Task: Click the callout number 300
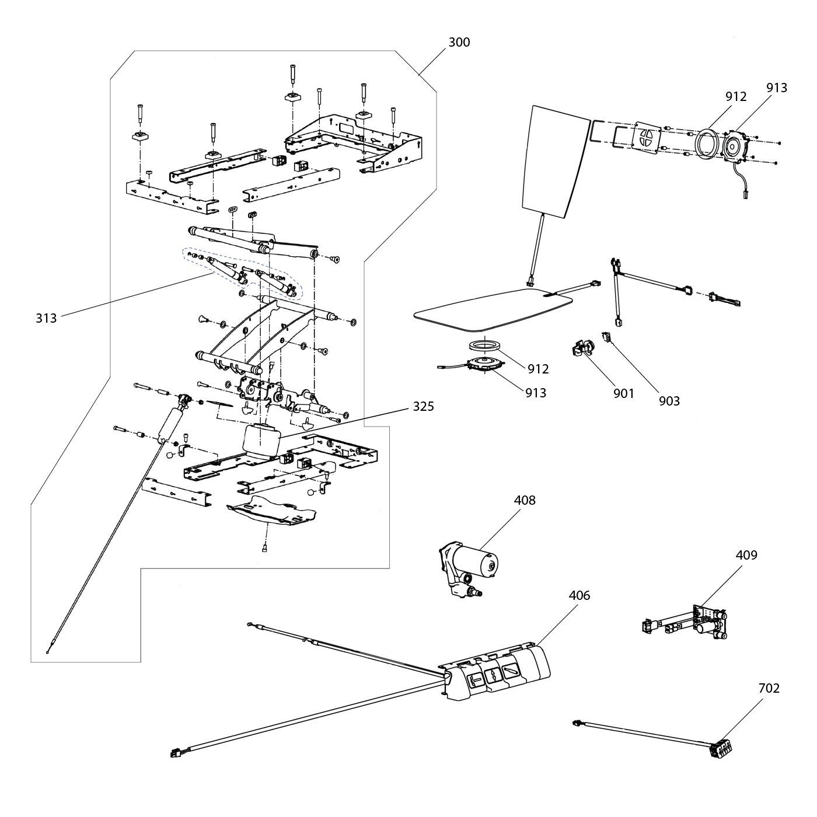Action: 459,43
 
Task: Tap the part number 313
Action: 46,318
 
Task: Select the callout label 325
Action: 424,406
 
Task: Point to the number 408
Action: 525,500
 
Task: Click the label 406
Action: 579,595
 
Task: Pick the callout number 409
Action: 746,554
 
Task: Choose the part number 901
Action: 624,393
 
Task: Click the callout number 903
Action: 669,401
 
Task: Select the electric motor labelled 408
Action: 469,570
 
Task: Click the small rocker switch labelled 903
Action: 605,337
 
